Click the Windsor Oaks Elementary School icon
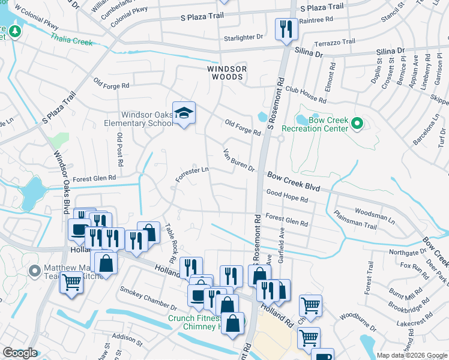click(184, 112)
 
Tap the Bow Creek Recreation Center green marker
click(357, 124)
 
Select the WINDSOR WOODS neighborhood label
click(227, 73)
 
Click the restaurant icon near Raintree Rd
click(284, 28)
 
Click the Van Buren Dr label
click(239, 160)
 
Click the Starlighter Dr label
click(243, 37)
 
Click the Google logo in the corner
click(20, 353)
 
